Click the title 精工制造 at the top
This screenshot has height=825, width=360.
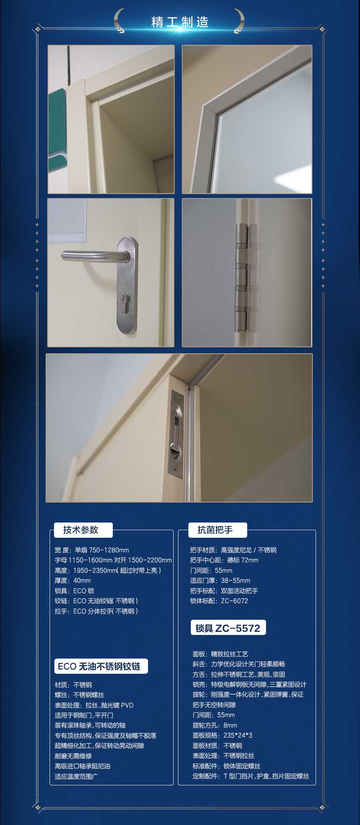pyautogui.click(x=180, y=22)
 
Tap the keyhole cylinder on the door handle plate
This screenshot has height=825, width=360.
pyautogui.click(x=125, y=299)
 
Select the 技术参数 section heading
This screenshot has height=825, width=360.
pyautogui.click(x=81, y=530)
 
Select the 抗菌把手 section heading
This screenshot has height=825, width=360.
pyautogui.click(x=215, y=530)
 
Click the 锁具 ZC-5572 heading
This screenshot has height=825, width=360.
pyautogui.click(x=228, y=628)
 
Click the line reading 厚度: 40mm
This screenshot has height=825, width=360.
pyautogui.click(x=73, y=581)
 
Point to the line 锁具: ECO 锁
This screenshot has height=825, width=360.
pyautogui.click(x=74, y=591)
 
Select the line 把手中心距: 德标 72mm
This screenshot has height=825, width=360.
pyautogui.click(x=224, y=560)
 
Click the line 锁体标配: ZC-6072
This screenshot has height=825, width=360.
pyautogui.click(x=219, y=601)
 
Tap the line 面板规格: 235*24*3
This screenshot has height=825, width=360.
pyautogui.click(x=222, y=735)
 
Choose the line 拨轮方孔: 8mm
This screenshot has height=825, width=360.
pyautogui.click(x=215, y=725)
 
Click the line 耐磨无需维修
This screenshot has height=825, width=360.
pyautogui.click(x=73, y=756)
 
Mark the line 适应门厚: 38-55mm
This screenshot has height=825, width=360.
pyautogui.click(x=220, y=581)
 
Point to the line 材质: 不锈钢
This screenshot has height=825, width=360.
pyautogui.click(x=73, y=685)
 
